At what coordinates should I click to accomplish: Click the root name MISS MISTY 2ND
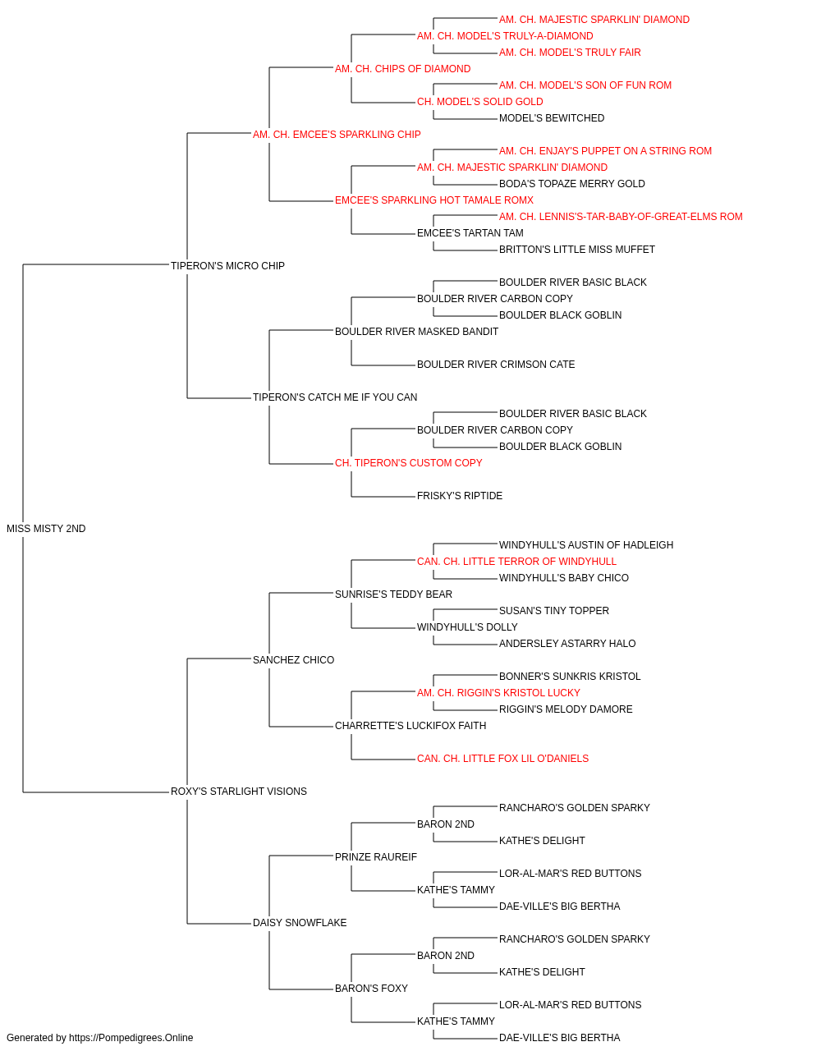point(46,529)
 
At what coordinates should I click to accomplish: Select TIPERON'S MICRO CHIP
point(227,266)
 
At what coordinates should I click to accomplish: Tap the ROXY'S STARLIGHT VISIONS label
point(239,792)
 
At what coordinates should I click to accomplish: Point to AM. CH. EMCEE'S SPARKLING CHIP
point(337,135)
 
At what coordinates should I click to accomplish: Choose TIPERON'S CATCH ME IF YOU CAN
point(335,397)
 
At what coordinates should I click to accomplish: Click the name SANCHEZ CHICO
point(293,660)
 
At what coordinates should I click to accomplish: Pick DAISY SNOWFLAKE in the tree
point(300,923)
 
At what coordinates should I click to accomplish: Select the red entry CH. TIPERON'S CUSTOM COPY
point(409,463)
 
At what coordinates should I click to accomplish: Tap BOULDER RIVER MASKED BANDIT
point(416,332)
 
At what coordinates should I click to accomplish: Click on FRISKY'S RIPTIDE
point(460,496)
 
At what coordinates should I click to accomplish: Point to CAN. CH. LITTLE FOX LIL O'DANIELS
point(502,759)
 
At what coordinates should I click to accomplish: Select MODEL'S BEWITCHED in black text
point(552,118)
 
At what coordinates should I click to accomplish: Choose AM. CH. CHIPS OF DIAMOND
point(403,69)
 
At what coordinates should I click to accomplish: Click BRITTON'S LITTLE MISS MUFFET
point(577,250)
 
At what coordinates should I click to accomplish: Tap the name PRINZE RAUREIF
point(376,857)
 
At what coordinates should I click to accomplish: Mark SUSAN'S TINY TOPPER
point(554,611)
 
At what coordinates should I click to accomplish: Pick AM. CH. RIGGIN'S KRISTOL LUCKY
point(498,693)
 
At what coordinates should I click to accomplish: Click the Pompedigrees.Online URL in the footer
point(131,1038)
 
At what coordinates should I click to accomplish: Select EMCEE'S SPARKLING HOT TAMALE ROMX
point(434,200)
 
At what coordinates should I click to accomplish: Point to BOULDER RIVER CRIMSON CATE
point(496,365)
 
